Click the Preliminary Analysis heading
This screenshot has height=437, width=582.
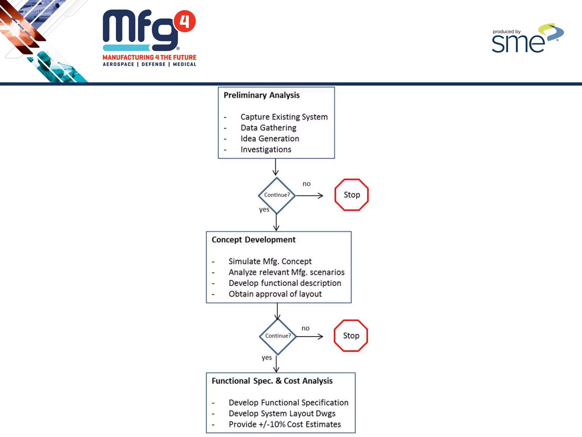coord(261,95)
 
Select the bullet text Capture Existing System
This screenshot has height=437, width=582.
coord(284,117)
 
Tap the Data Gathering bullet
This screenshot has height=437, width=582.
coord(268,128)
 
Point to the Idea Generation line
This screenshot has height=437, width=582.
coord(270,139)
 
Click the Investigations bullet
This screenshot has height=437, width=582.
coord(266,149)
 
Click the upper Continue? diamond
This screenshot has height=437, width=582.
coord(277,195)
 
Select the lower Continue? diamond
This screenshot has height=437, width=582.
coord(278,336)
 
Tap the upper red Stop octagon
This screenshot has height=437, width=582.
coord(352,195)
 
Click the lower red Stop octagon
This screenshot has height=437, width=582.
coord(351,336)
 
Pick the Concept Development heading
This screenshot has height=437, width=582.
coord(253,240)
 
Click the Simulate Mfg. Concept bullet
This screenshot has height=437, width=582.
coord(270,261)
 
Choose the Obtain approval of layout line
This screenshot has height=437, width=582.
coord(275,294)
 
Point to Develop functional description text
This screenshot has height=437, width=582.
coord(285,283)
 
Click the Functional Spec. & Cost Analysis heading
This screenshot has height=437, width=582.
coord(272,381)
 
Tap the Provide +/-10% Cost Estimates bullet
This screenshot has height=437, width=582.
coord(285,424)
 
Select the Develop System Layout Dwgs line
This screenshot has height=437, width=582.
coord(282,413)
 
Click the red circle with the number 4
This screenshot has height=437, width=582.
coord(185,21)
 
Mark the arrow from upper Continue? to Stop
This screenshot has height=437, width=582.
coord(309,195)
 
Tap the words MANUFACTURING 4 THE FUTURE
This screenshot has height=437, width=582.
coord(149,57)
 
